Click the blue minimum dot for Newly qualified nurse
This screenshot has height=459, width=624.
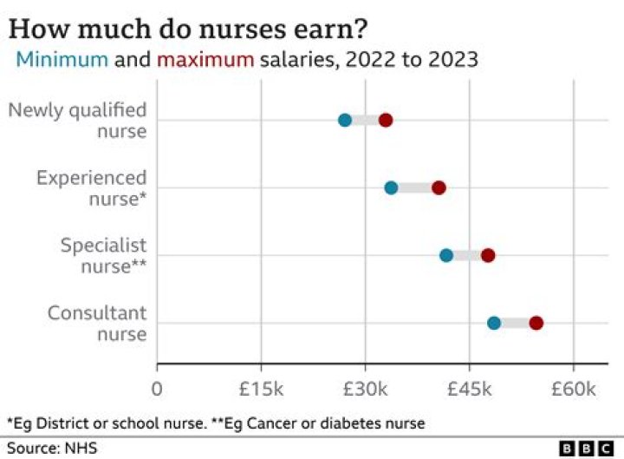point(345,120)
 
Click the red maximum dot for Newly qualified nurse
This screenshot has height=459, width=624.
point(386,120)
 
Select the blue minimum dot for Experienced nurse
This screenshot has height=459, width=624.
point(391,187)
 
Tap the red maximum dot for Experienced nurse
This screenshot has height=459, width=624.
point(439,187)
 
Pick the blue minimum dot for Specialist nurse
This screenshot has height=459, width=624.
point(446,255)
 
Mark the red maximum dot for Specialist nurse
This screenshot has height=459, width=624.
point(488,255)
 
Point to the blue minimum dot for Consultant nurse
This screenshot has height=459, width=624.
point(494,323)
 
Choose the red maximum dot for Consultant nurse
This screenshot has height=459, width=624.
point(536,323)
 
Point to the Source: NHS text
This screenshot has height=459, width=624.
point(52,448)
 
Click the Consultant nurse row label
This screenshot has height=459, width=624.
point(97,323)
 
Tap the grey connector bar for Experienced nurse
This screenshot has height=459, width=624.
point(414,187)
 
